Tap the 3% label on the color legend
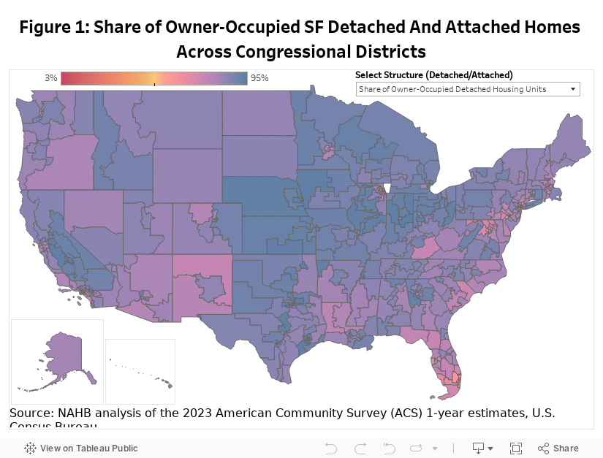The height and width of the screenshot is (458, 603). pyautogui.click(x=50, y=78)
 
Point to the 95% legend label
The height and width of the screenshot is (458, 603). pyautogui.click(x=259, y=78)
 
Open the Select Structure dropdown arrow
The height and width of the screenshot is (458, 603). pyautogui.click(x=573, y=89)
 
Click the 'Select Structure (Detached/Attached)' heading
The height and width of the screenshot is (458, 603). pyautogui.click(x=434, y=75)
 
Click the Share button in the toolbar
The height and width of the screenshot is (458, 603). pyautogui.click(x=558, y=448)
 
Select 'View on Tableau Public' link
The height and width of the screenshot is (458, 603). pyautogui.click(x=81, y=448)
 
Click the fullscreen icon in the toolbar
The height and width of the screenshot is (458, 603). pyautogui.click(x=516, y=448)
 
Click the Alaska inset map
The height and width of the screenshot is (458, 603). pyautogui.click(x=57, y=351)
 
